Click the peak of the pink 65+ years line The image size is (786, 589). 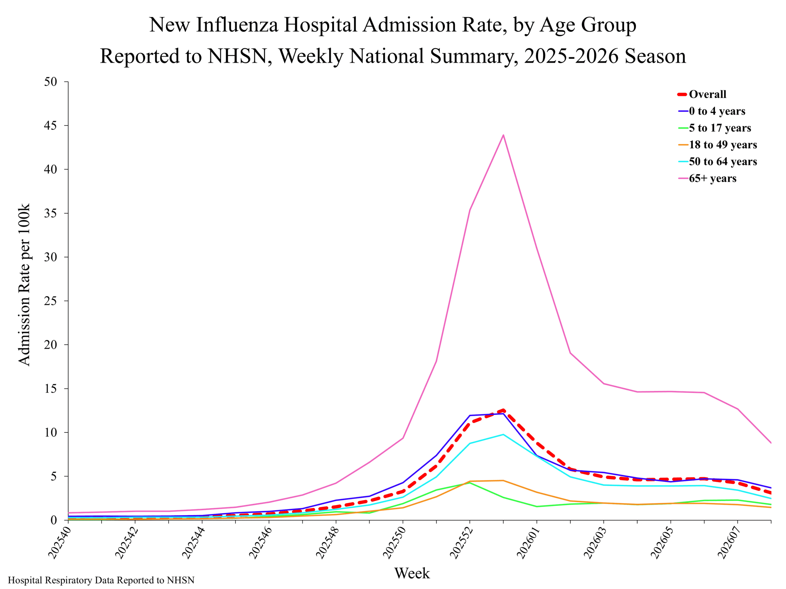[x=503, y=135]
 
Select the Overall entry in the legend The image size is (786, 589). [x=707, y=94]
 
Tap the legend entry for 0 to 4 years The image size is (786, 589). [x=717, y=111]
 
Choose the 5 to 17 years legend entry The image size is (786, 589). [x=720, y=128]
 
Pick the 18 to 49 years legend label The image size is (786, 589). [x=722, y=145]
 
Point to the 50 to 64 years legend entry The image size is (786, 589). [x=722, y=162]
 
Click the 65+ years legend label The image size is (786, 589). [x=712, y=178]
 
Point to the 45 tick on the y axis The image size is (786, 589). [x=50, y=126]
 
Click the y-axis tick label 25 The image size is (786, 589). [x=50, y=301]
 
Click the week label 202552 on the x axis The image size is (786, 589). [x=461, y=543]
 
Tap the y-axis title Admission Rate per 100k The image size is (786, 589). [x=24, y=285]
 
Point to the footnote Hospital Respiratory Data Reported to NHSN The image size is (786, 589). [x=101, y=580]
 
